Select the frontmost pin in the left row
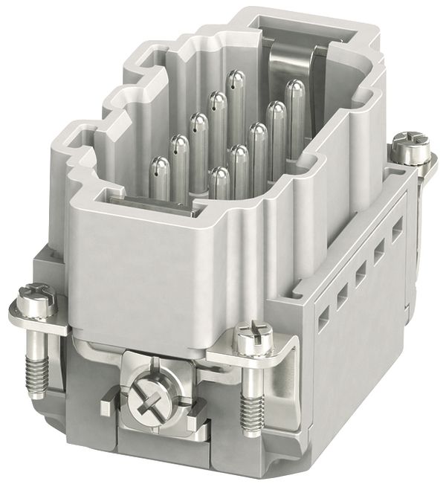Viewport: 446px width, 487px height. point(160,178)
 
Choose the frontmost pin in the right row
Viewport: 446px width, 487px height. point(219,182)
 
